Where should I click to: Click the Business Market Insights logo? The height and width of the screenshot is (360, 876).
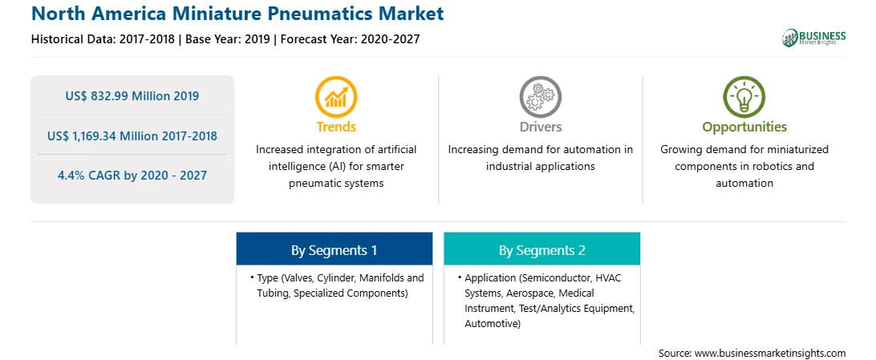(x=814, y=38)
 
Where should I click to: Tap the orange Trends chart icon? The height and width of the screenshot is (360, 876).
(x=336, y=96)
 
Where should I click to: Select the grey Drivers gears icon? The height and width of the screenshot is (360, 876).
(x=540, y=96)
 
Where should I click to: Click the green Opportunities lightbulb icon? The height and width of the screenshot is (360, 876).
(x=744, y=96)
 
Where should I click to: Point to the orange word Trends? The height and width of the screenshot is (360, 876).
(x=336, y=127)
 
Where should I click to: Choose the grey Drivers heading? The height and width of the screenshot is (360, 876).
(x=541, y=127)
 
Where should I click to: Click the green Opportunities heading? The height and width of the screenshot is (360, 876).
(x=744, y=127)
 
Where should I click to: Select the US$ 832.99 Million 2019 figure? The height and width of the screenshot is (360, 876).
(x=132, y=95)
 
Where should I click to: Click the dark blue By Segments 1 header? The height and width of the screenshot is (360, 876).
(x=334, y=249)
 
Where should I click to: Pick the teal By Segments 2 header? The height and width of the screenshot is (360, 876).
(x=542, y=249)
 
